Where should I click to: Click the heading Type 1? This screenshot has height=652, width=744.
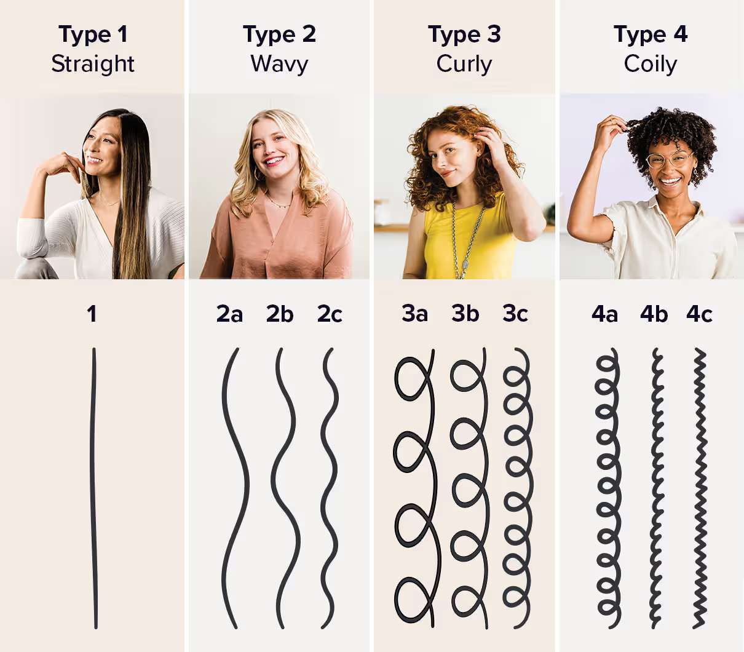point(93,34)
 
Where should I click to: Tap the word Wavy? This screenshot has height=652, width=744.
point(279,64)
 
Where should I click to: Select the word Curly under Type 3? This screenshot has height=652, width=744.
point(464,64)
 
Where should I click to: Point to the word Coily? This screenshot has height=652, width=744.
point(650,64)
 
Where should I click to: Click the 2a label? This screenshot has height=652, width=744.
point(229,314)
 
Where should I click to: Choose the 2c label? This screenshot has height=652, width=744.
point(330,314)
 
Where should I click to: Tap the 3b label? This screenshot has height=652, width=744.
point(465,314)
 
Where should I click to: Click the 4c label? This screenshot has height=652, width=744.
point(699,314)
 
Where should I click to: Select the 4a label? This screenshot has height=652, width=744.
point(604,314)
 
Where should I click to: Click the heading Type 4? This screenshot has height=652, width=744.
point(650,34)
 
